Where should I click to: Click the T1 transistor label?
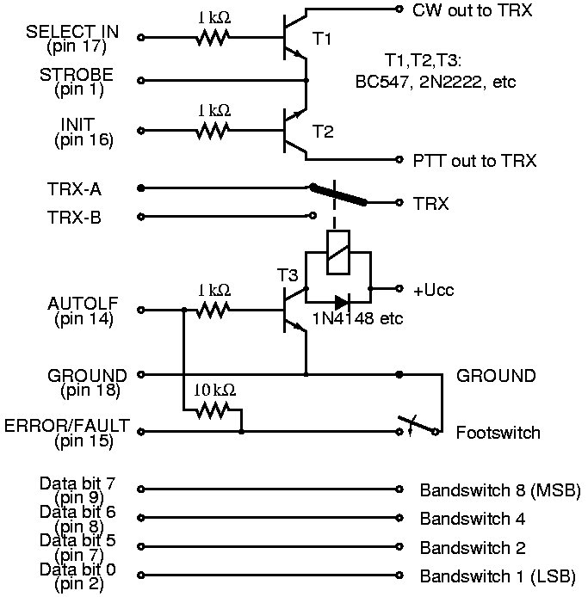(x=322, y=39)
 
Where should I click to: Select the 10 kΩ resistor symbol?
(x=213, y=410)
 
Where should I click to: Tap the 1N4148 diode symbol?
(x=341, y=303)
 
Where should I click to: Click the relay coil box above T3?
(x=338, y=252)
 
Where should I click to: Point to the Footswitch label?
(x=498, y=433)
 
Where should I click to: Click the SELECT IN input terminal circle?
(x=140, y=37)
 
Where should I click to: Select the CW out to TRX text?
(x=472, y=10)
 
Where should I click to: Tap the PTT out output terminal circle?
(x=399, y=159)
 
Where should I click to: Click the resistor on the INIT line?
(x=213, y=131)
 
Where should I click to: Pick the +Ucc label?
(x=434, y=290)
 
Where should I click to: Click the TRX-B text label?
(x=74, y=218)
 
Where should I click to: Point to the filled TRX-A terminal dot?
(x=140, y=188)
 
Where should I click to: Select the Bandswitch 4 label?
(x=473, y=519)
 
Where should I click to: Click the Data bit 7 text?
(x=77, y=483)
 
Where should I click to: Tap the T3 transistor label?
(x=288, y=275)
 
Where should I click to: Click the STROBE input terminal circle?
(x=140, y=80)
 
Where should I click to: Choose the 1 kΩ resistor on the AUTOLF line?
(x=213, y=310)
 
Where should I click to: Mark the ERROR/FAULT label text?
(x=67, y=426)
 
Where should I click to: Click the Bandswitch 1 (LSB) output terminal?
(x=399, y=575)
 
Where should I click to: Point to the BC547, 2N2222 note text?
(x=435, y=82)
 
